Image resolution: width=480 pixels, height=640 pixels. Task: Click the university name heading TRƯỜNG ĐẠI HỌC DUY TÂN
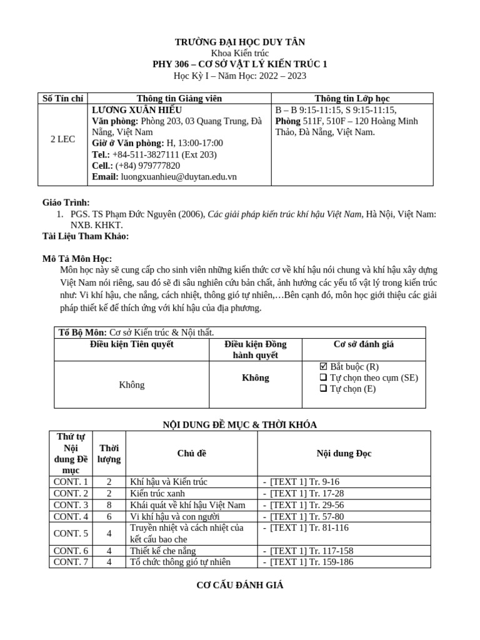[x=240, y=42]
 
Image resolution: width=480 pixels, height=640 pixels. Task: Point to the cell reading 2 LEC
[x=62, y=139]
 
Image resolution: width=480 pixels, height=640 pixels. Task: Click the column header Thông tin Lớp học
[x=352, y=98]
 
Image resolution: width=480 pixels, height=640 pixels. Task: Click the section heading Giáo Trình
[x=66, y=202]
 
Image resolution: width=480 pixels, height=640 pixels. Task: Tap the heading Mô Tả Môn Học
[x=77, y=259]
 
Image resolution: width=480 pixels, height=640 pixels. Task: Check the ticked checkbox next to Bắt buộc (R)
[x=323, y=366]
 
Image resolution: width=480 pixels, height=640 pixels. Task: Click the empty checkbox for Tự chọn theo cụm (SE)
[x=323, y=377]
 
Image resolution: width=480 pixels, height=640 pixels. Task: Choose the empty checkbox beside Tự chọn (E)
[x=323, y=389]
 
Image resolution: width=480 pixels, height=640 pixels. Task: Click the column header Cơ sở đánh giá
[x=363, y=344]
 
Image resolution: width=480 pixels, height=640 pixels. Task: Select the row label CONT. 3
[x=71, y=505]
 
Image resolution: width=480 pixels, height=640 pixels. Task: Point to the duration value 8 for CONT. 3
[x=109, y=505]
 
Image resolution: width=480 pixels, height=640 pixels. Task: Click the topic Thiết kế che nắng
[x=162, y=551]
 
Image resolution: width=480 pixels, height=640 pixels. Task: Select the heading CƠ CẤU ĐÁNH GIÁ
[x=239, y=586]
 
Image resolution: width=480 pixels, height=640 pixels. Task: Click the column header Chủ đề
[x=191, y=453]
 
